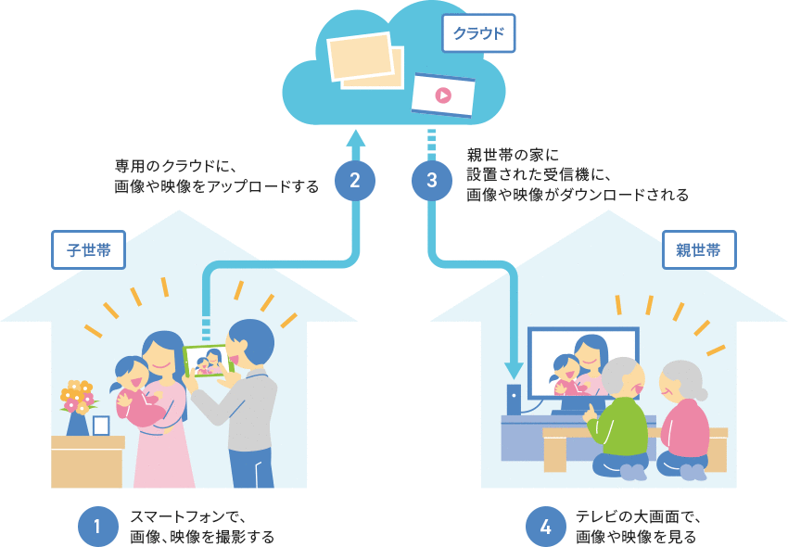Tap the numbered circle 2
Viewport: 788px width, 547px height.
(x=354, y=180)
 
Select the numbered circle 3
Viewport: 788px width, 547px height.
(x=432, y=180)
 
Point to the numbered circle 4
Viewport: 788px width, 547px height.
(x=545, y=527)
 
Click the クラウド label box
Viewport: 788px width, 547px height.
(x=477, y=33)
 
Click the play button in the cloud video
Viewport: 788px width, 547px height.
(x=443, y=95)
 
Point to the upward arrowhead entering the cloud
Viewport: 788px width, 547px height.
(x=354, y=139)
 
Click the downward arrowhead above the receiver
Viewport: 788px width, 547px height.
(x=513, y=370)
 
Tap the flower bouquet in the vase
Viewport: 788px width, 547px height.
(x=78, y=396)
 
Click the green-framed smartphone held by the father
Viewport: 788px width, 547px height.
(x=208, y=361)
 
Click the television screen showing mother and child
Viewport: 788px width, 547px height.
(x=582, y=364)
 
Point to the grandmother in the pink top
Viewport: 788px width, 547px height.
(x=684, y=422)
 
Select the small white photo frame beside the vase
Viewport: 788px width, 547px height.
(x=101, y=426)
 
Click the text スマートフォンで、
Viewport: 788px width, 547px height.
(x=192, y=517)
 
